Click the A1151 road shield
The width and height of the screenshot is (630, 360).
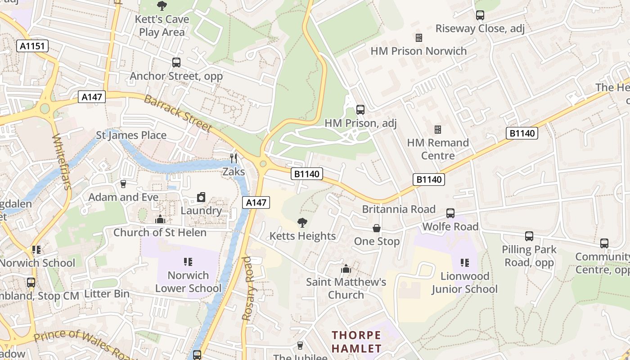pos(33,46)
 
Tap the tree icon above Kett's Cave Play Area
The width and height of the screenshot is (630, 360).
pos(162,6)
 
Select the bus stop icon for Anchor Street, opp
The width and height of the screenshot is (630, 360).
pos(176,63)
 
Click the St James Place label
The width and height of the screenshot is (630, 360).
pos(131,135)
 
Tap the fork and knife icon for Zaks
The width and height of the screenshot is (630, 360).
pos(234,158)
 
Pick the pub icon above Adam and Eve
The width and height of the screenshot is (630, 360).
pos(123,184)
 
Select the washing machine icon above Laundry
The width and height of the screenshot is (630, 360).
pos(201,197)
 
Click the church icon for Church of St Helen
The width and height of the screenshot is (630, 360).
pos(160,219)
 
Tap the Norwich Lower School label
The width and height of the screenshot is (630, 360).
pos(188,282)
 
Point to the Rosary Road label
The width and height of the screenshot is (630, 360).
pos(247,288)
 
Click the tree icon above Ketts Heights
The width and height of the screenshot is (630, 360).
pos(302,222)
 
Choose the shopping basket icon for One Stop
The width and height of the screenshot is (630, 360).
pos(377,229)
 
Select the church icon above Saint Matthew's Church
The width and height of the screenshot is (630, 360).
pos(346,269)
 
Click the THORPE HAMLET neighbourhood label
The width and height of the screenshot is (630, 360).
pos(356,342)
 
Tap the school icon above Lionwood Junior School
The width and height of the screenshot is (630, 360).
pos(465,262)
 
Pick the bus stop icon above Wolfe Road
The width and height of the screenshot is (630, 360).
pos(450,213)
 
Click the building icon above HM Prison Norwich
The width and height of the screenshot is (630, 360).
pos(419,37)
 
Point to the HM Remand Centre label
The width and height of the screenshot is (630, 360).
pos(438,149)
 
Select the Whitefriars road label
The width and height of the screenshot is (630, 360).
pos(62,162)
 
